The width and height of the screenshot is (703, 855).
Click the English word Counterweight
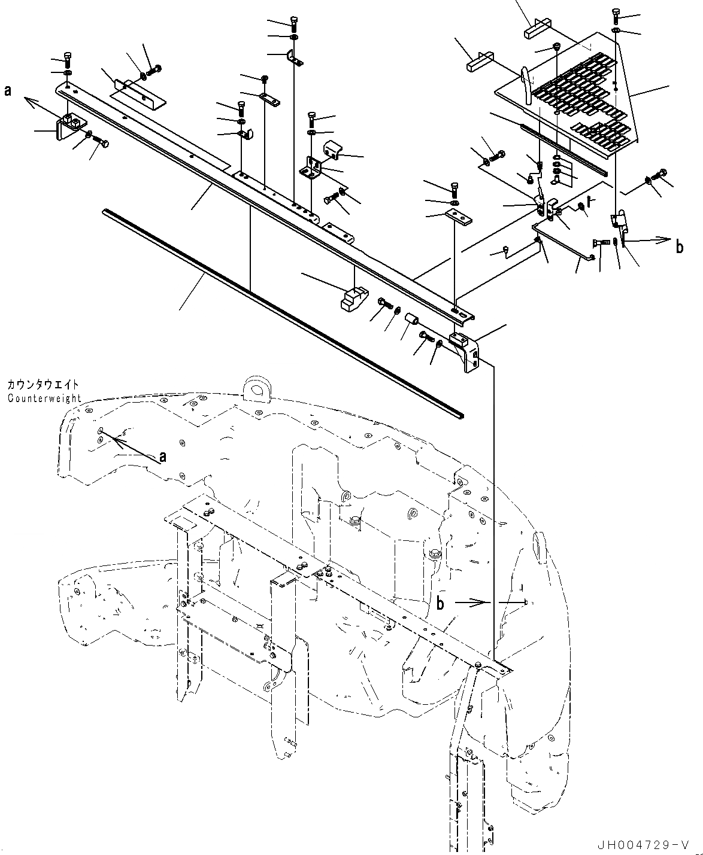[45, 398]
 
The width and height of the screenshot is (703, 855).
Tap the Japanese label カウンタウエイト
[43, 385]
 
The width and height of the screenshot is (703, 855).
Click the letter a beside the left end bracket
[7, 90]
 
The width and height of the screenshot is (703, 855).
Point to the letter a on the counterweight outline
[162, 458]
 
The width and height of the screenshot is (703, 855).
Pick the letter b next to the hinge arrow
[679, 247]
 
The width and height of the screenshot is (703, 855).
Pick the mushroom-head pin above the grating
[556, 47]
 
